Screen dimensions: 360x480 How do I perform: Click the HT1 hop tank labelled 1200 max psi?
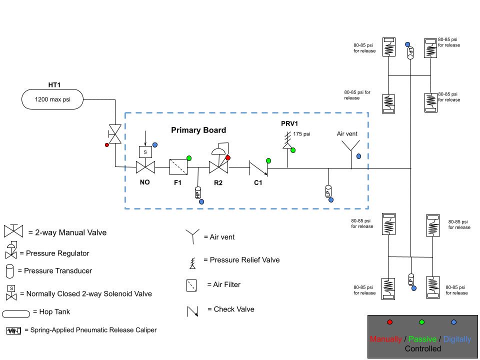click(52, 99)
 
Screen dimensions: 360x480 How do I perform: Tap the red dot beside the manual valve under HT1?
click(106, 145)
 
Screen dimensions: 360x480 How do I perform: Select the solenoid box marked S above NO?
click(145, 151)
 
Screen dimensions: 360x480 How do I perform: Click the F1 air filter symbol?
click(177, 166)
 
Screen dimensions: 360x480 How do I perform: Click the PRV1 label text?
click(289, 123)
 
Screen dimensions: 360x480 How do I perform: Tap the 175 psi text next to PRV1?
click(302, 134)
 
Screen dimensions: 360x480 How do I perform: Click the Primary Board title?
click(198, 130)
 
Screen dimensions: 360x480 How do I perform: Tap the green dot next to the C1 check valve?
click(268, 161)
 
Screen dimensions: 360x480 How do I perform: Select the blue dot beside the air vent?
click(358, 156)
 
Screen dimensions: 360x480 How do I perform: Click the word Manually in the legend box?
click(385, 339)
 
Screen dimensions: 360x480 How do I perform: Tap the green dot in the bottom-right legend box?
click(422, 322)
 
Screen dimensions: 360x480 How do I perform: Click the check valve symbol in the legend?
click(193, 311)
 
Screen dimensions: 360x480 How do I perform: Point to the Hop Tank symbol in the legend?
click(16, 314)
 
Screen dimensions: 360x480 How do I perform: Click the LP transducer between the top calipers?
click(410, 53)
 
